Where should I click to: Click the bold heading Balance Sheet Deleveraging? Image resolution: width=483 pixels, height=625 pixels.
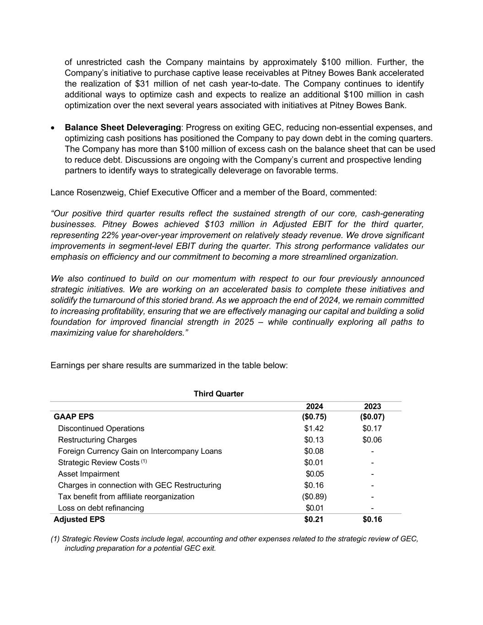pyautogui.click(x=123, y=127)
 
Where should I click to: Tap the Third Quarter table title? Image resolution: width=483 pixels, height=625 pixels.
pyautogui.click(x=218, y=394)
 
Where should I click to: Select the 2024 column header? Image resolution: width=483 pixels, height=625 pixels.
pyautogui.click(x=315, y=407)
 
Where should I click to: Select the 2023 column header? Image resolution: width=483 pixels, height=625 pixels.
pyautogui.click(x=372, y=407)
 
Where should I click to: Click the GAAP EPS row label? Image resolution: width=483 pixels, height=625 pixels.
pyautogui.click(x=74, y=417)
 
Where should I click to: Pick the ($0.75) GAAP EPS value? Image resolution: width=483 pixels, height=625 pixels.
pyautogui.click(x=315, y=417)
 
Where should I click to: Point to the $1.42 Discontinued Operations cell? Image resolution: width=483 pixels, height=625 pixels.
pyautogui.click(x=314, y=429)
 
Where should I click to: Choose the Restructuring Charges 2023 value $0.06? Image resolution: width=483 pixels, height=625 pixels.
pyautogui.click(x=372, y=440)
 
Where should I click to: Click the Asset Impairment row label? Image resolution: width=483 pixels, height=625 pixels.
pyautogui.click(x=88, y=474)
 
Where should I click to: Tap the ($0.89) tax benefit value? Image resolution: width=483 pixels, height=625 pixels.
pyautogui.click(x=315, y=496)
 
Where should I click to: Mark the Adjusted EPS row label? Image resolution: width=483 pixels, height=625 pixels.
pyautogui.click(x=79, y=519)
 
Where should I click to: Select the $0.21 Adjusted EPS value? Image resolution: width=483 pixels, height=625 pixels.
pyautogui.click(x=314, y=519)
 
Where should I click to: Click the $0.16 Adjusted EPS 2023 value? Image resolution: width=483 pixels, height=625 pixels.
pyautogui.click(x=372, y=519)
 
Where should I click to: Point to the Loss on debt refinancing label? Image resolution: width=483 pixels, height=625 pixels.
pyautogui.click(x=101, y=508)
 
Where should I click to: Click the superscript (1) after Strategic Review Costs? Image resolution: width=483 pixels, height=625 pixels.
pyautogui.click(x=144, y=461)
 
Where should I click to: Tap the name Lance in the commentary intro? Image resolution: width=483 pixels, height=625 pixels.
pyautogui.click(x=61, y=192)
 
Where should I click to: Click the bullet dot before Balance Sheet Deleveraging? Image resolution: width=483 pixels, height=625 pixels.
pyautogui.click(x=53, y=128)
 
